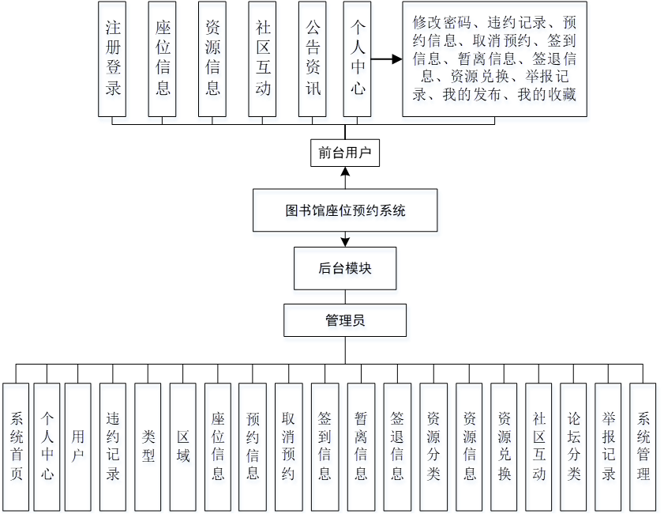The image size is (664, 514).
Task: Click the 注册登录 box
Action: [x=113, y=59]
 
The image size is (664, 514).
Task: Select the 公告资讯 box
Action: [x=313, y=59]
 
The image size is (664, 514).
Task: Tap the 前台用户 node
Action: [x=345, y=153]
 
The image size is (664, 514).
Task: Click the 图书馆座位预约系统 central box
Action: [x=345, y=210]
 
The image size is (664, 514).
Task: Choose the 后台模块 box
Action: [x=345, y=268]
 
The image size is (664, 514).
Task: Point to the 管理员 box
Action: [x=345, y=320]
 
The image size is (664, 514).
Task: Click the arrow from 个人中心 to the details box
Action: [x=387, y=59]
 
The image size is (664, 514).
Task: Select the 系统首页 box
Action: [x=17, y=446]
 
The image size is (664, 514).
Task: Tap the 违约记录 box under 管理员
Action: [x=113, y=446]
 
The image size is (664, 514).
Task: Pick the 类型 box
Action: [x=148, y=446]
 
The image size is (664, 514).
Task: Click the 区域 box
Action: [x=182, y=446]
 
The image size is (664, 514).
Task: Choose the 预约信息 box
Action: [x=253, y=446]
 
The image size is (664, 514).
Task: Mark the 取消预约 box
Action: [x=288, y=446]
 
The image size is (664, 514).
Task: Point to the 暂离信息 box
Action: [x=361, y=446]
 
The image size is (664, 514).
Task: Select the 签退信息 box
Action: [x=397, y=446]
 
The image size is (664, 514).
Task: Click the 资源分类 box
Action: [x=433, y=446]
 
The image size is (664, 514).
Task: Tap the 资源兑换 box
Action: [x=504, y=446]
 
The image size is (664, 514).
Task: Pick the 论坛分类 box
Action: [x=574, y=446]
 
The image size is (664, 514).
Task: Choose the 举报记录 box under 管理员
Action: [x=609, y=446]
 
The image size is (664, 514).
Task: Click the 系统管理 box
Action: [x=643, y=446]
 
